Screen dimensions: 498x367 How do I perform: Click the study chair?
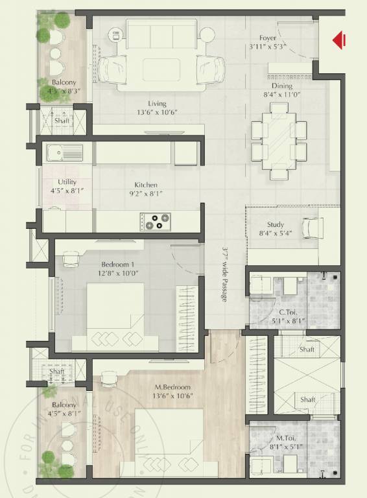pos(313,227)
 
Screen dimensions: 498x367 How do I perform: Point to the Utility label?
pos(67,182)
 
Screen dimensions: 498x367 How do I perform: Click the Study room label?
pos(275,225)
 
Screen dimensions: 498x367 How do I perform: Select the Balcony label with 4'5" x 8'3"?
pos(63,82)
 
